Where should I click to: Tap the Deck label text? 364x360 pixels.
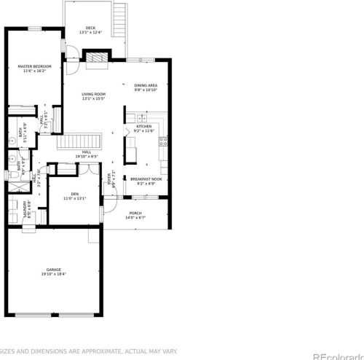91,28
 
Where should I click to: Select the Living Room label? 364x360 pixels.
94,94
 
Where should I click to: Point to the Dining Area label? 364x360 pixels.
146,85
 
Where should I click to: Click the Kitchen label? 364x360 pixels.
144,126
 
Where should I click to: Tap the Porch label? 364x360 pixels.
135,214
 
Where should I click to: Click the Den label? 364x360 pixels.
74,193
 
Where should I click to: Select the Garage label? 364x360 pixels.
53,270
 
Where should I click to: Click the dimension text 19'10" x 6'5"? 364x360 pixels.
87,157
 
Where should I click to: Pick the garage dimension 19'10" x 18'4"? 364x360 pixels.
53,274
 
